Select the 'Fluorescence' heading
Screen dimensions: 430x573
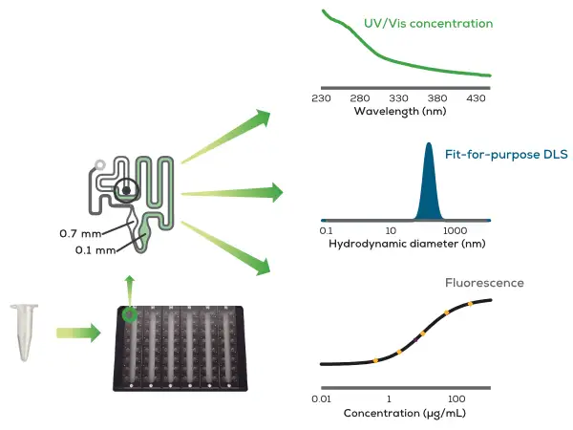(x=485, y=283)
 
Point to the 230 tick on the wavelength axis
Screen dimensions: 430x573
(x=320, y=98)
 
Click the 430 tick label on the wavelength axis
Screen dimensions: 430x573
(x=477, y=98)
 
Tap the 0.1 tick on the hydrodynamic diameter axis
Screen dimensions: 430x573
(x=326, y=231)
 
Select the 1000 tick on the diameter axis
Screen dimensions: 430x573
(x=454, y=231)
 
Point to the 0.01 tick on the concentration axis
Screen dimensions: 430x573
(x=323, y=397)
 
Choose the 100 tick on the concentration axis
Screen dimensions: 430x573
(x=456, y=397)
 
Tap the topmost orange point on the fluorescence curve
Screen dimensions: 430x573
(x=471, y=305)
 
